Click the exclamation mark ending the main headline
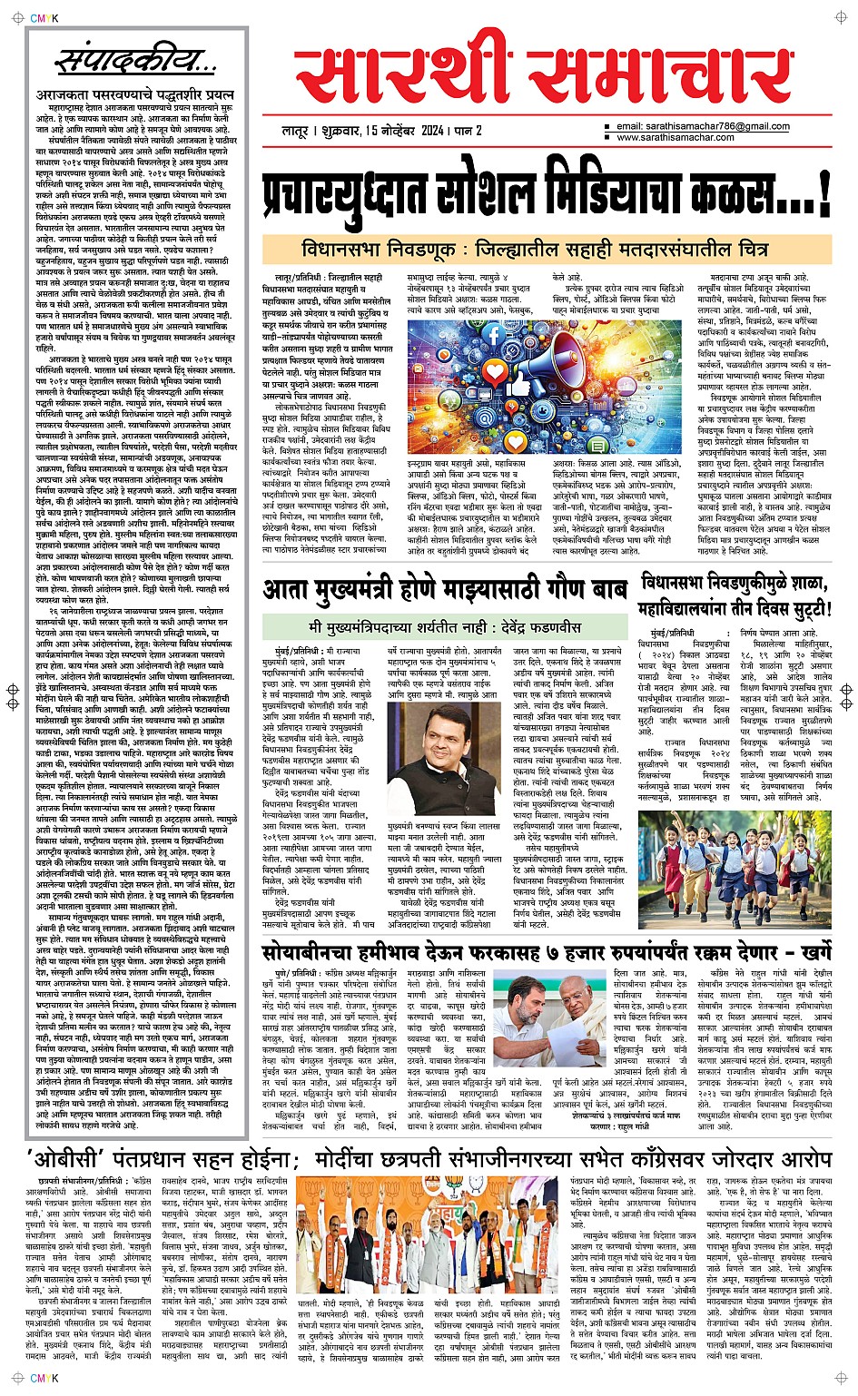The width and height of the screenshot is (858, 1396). [x=823, y=193]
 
